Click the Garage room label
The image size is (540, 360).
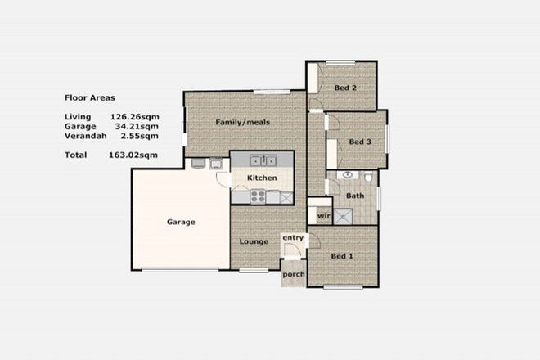click(181, 222)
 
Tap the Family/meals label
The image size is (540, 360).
click(242, 123)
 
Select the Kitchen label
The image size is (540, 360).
click(262, 178)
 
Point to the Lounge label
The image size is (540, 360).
click(254, 241)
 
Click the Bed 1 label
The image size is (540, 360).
click(343, 256)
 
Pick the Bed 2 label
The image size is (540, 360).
click(345, 88)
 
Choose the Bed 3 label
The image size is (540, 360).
click(360, 142)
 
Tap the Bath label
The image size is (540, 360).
click(355, 196)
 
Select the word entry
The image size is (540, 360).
click(293, 238)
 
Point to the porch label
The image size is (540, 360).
click(293, 274)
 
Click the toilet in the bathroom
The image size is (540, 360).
click(368, 177)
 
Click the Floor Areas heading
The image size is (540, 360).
click(89, 96)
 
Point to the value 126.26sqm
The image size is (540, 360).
click(134, 116)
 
